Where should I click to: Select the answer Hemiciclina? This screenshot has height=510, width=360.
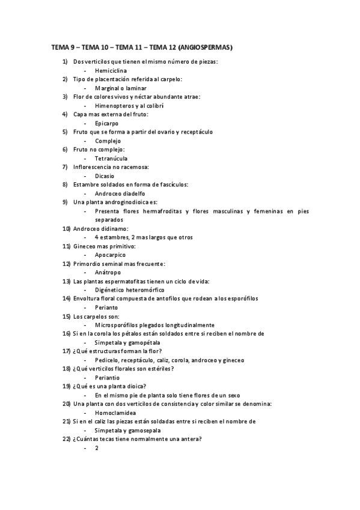[111, 70]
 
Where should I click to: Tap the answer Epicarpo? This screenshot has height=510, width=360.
[107, 123]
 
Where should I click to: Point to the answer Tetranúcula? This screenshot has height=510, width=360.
[111, 158]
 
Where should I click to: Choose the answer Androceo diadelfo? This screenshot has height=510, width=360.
[120, 194]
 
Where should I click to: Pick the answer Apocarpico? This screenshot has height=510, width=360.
[110, 255]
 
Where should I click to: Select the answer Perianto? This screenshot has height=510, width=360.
[106, 307]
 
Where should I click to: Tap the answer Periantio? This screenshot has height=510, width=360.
[108, 378]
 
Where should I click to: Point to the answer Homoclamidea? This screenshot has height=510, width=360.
[115, 413]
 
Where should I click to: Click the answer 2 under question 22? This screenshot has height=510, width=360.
[96, 448]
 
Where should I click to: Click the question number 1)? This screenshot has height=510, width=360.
[66, 62]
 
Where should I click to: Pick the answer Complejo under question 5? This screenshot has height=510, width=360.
[108, 141]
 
